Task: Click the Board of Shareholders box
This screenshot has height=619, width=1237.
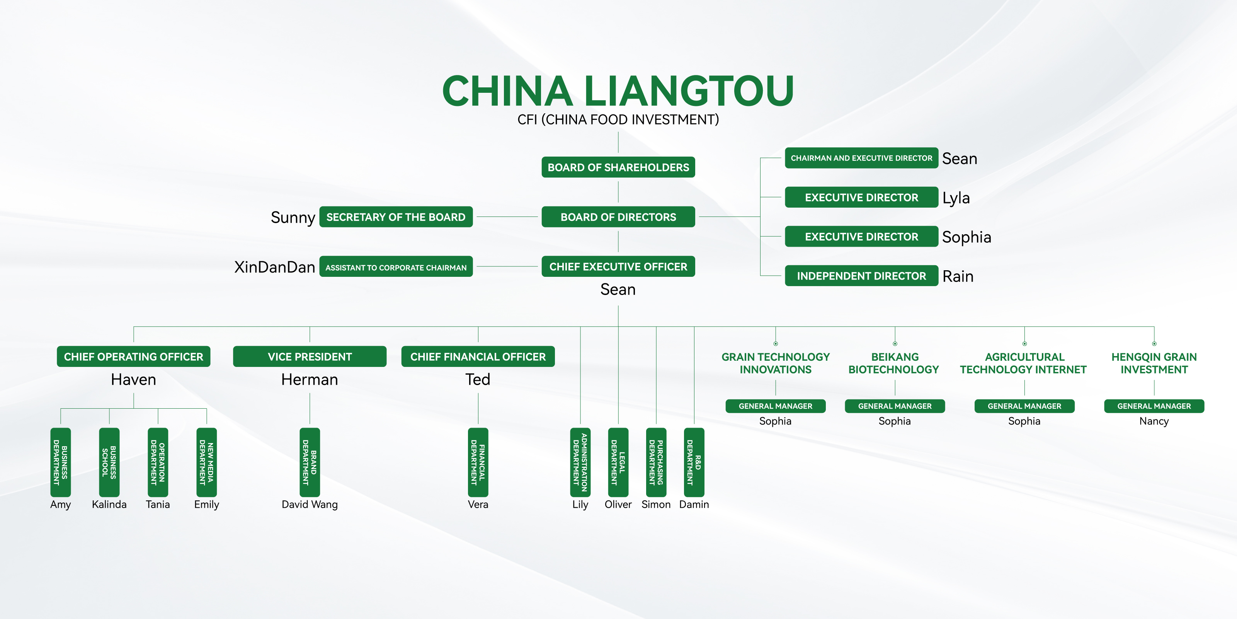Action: click(x=618, y=167)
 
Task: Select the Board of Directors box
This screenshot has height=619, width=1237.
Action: click(x=618, y=217)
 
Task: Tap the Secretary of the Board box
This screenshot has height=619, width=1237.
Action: click(x=396, y=217)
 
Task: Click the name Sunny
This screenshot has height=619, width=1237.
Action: click(x=293, y=217)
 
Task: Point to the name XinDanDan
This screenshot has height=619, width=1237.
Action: click(x=274, y=267)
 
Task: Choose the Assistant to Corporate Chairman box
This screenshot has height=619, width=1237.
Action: click(x=396, y=267)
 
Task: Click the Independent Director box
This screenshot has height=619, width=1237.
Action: click(x=861, y=276)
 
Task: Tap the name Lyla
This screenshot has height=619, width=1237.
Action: click(x=956, y=198)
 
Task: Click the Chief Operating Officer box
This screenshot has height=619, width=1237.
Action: click(x=133, y=356)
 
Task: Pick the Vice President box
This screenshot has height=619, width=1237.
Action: click(x=310, y=356)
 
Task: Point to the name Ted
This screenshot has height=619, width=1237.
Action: click(x=478, y=380)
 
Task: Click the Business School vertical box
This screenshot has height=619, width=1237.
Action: click(x=109, y=462)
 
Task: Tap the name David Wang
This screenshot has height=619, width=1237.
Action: click(x=310, y=504)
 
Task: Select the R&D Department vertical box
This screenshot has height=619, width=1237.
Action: click(x=694, y=462)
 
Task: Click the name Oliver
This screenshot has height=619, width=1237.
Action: click(x=618, y=504)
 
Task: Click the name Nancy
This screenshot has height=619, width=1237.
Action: click(x=1154, y=421)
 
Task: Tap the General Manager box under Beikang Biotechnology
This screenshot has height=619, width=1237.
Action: click(x=895, y=406)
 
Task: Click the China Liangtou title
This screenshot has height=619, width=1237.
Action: click(x=618, y=91)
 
